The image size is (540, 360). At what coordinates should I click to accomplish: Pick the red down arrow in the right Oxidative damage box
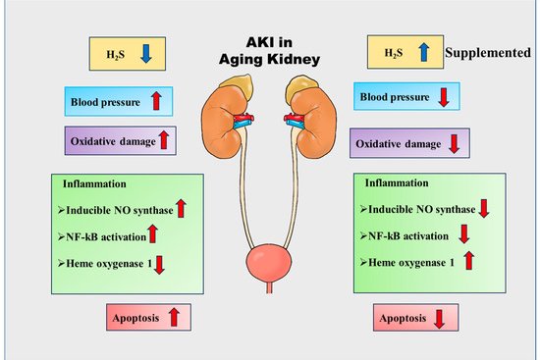coord(454,142)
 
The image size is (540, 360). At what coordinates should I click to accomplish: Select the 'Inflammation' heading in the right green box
coord(396,183)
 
